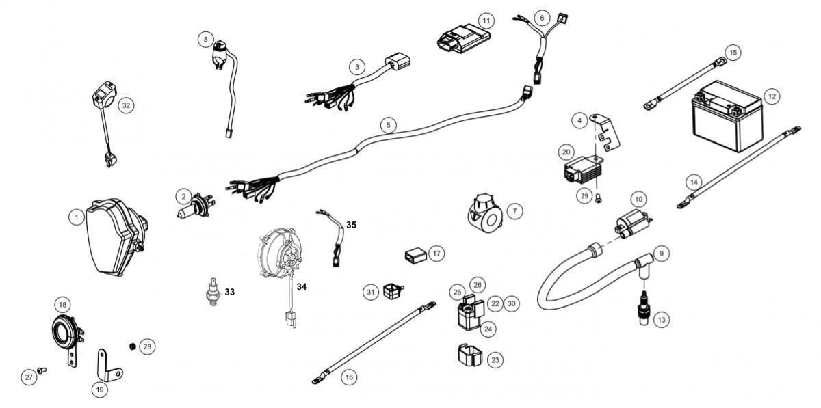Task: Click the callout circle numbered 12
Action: click(x=772, y=96)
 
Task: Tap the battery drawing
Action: click(x=727, y=116)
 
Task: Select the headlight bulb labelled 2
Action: click(x=196, y=206)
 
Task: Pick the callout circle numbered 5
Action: click(x=388, y=125)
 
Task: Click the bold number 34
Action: click(x=302, y=286)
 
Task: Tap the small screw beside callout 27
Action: click(x=42, y=370)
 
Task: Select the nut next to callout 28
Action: click(x=133, y=346)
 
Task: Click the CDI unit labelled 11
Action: click(x=464, y=39)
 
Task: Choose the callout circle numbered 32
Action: click(x=126, y=105)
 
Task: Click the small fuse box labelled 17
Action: click(x=416, y=256)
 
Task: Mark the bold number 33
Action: click(x=229, y=292)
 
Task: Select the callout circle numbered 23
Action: click(x=495, y=360)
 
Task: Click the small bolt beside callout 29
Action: click(x=598, y=199)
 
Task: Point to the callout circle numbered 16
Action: click(x=349, y=377)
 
